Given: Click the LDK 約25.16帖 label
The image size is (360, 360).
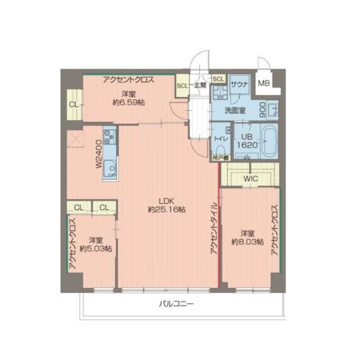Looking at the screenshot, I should click(166, 205).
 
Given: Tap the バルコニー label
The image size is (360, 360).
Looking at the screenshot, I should click(176, 304).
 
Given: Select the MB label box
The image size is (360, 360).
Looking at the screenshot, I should click(264, 83).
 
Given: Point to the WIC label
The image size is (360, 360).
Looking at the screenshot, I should click(251, 178).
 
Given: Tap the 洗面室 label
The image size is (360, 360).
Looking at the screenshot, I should click(235, 110).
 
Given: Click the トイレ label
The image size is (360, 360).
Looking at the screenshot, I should click(221, 139).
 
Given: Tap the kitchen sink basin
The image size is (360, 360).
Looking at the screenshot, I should click(110, 168).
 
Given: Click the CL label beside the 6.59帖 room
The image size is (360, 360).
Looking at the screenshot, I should click(73, 105).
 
